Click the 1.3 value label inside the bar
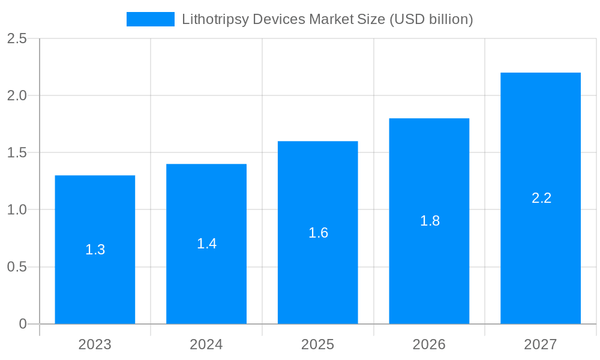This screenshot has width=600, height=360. pos(95,250)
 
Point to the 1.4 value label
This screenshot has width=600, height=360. pos(206,244)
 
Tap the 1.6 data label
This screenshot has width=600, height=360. pos(318,233)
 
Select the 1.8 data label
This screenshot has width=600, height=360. pos(430,221)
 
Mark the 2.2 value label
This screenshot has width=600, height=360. pos(541,198)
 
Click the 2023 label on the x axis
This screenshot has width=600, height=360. pos(95,344)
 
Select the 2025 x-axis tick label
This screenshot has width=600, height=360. pos(318,344)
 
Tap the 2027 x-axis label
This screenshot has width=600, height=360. pos(541,344)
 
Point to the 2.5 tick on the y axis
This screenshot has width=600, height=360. pos(17,38)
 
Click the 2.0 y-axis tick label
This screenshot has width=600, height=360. pos(17,95)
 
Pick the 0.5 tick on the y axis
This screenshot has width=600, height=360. pos(17,267)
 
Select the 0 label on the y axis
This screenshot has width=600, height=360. pos(23,324)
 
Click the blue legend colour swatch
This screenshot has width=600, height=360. pos(150,19)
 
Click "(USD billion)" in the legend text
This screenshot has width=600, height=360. pos(431,19)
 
